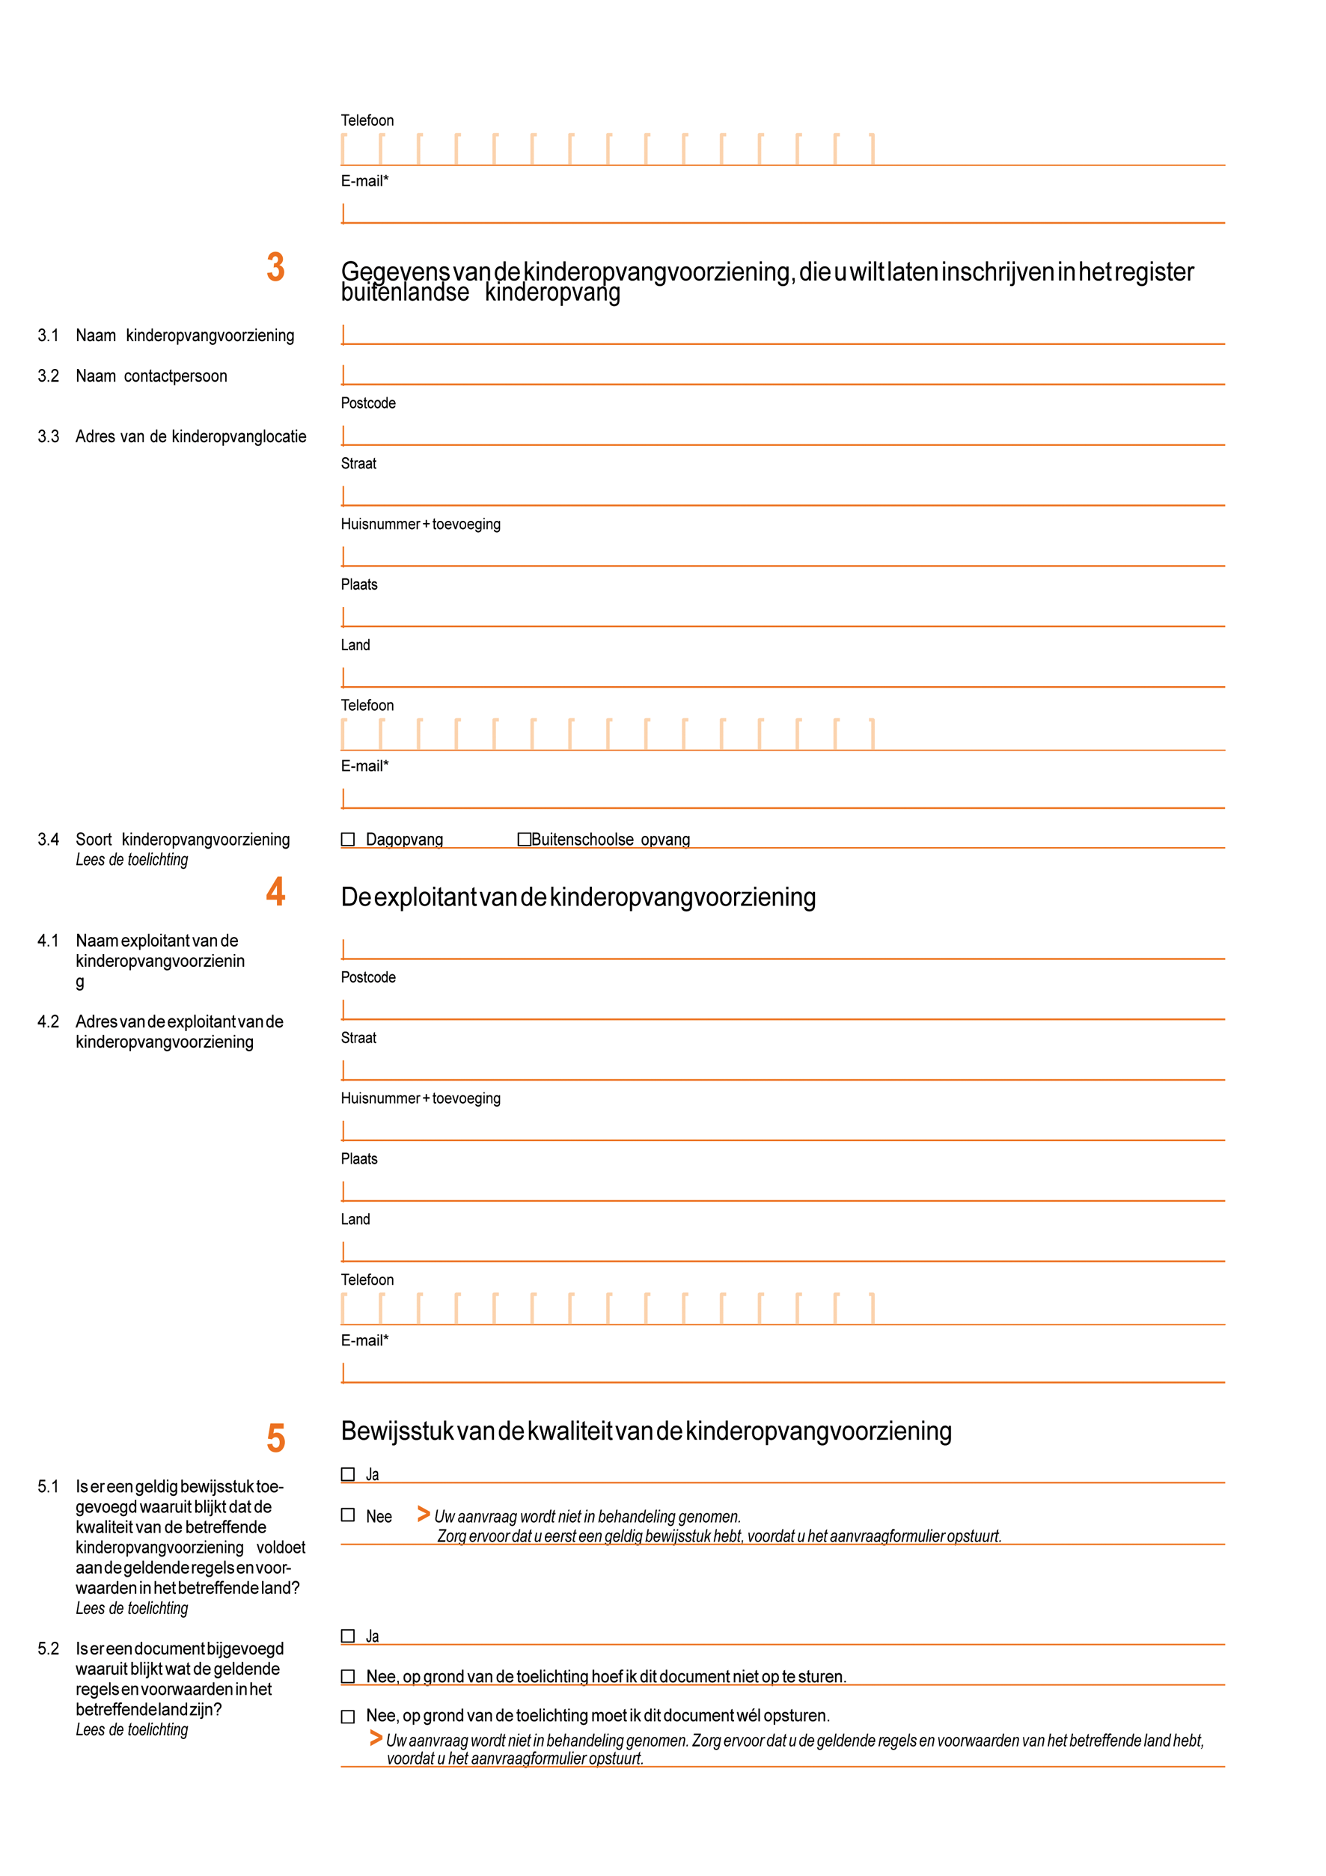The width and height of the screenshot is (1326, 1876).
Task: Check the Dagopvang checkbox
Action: click(x=348, y=839)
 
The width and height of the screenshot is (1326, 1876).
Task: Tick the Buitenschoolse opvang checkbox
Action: click(x=525, y=839)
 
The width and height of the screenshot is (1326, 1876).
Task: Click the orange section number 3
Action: click(x=276, y=267)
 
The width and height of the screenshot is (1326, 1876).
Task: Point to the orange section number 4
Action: click(x=276, y=891)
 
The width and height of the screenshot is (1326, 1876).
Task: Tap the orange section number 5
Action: click(x=276, y=1438)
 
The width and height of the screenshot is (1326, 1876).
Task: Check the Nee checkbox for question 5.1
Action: click(x=348, y=1515)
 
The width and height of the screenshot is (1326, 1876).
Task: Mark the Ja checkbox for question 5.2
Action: click(x=348, y=1636)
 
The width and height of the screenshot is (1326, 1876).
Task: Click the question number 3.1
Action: click(x=48, y=336)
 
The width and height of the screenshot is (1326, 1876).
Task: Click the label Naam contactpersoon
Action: click(x=152, y=376)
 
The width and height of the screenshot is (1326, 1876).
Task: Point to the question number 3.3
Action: click(x=48, y=437)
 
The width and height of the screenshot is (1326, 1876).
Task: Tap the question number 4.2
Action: click(x=48, y=1022)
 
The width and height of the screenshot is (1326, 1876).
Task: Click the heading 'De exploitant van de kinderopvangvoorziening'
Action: click(x=578, y=897)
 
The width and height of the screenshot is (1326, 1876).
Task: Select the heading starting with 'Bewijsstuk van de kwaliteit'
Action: click(x=646, y=1432)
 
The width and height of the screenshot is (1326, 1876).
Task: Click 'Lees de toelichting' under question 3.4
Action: click(x=132, y=860)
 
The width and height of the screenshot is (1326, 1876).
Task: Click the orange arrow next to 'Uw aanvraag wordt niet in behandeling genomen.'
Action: click(x=424, y=1514)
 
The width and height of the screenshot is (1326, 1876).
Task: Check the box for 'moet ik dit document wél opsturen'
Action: click(x=348, y=1717)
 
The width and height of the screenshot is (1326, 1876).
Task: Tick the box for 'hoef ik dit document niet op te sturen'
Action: click(x=348, y=1677)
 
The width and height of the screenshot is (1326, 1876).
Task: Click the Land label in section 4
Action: click(x=355, y=1219)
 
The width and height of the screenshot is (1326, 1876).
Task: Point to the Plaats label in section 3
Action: click(x=358, y=585)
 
